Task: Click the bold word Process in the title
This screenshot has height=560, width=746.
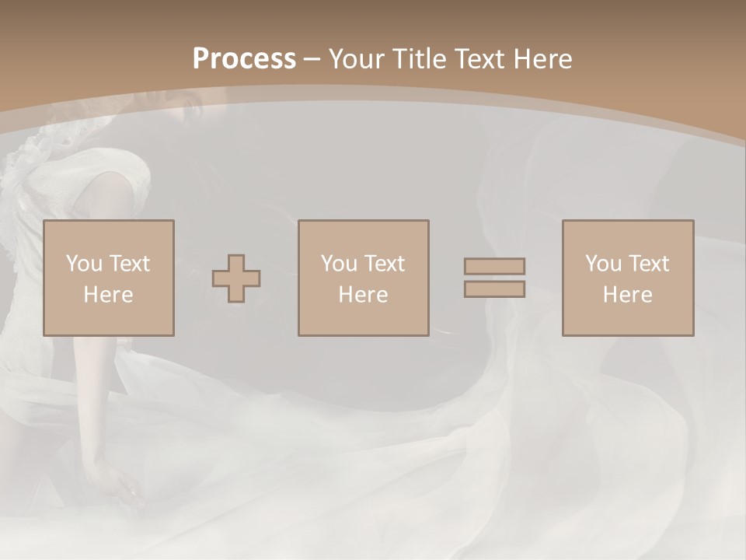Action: tap(244, 58)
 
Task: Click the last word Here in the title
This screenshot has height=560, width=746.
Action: tap(543, 58)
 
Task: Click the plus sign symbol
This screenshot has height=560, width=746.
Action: tap(236, 278)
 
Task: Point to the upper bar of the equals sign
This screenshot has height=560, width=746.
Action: tap(494, 266)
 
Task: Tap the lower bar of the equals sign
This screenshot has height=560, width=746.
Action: tap(494, 289)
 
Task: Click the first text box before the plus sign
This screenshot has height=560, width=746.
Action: tap(108, 278)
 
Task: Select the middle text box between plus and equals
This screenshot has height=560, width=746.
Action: tap(363, 278)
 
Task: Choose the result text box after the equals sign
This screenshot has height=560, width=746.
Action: tap(627, 278)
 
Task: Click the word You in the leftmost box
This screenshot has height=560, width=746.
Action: tap(84, 264)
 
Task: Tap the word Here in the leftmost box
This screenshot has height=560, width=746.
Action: tap(108, 295)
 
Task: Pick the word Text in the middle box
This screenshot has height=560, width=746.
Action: tap(383, 264)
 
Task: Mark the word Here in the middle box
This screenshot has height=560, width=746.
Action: tap(363, 295)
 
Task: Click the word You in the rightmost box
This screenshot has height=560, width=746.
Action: tap(603, 264)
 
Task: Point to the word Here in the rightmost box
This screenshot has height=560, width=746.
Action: tap(627, 295)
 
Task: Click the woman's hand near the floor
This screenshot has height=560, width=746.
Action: tap(117, 486)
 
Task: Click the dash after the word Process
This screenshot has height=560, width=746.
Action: tap(312, 59)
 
